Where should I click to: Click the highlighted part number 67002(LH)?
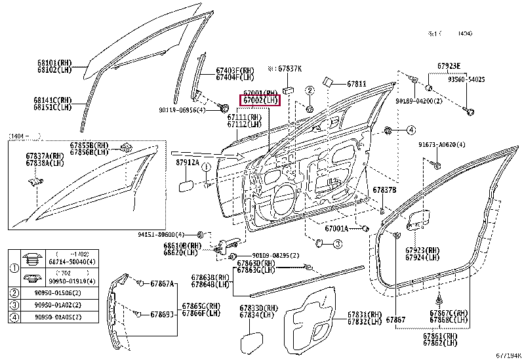(261, 101)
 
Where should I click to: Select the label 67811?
(357, 84)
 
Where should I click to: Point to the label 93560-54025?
(466, 79)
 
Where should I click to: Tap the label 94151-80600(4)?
(161, 233)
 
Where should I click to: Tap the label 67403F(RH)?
(234, 70)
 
